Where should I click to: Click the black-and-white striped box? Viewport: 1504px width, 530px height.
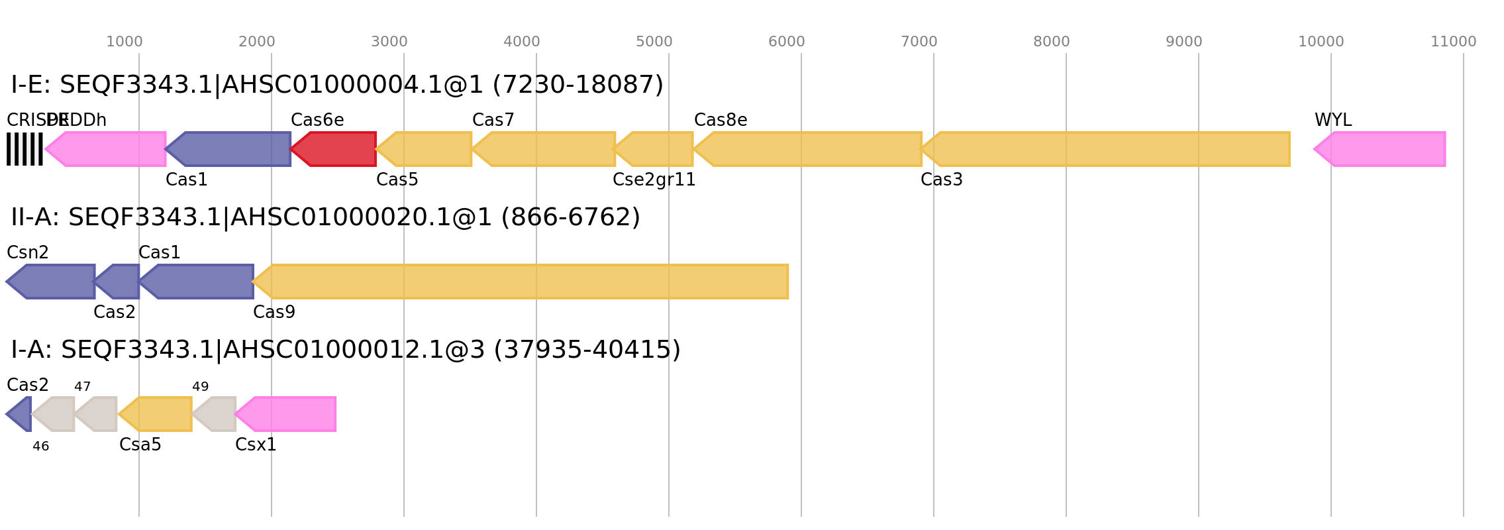click(25, 149)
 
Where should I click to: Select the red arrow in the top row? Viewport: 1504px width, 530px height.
click(334, 149)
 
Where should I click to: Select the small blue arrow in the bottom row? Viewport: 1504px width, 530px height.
click(19, 414)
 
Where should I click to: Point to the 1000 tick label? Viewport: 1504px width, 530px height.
click(125, 42)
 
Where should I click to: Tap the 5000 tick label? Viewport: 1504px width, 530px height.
click(654, 42)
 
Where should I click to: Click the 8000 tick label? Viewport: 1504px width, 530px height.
click(1052, 42)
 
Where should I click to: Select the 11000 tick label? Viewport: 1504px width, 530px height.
click(1453, 42)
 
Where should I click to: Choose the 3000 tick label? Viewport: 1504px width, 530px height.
click(389, 42)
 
